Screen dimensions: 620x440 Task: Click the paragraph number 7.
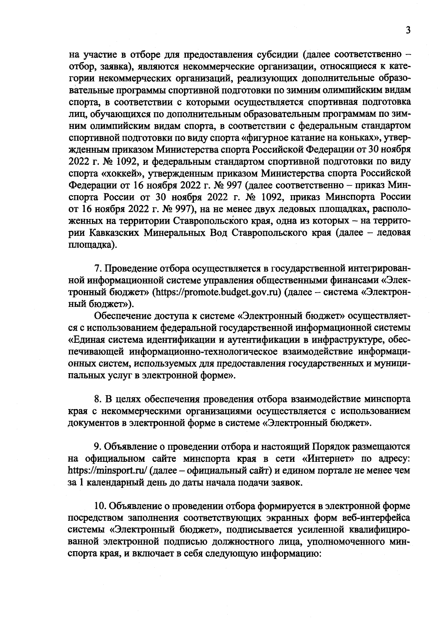click(x=98, y=269)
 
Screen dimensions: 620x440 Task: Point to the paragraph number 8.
click(x=98, y=399)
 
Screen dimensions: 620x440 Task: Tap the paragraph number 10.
click(x=99, y=506)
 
